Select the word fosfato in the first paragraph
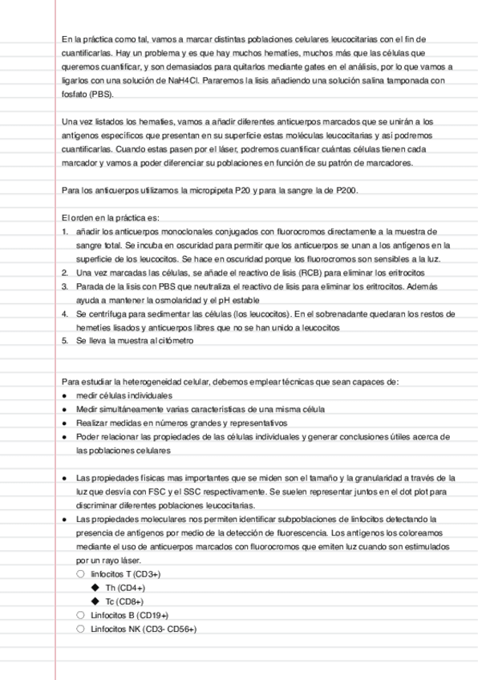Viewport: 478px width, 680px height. click(x=75, y=94)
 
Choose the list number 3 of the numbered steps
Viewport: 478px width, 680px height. click(x=64, y=285)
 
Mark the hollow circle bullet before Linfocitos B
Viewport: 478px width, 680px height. click(x=79, y=615)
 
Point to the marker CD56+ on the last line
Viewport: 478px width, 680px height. click(x=180, y=629)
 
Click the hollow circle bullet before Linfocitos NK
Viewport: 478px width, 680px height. click(x=79, y=629)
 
